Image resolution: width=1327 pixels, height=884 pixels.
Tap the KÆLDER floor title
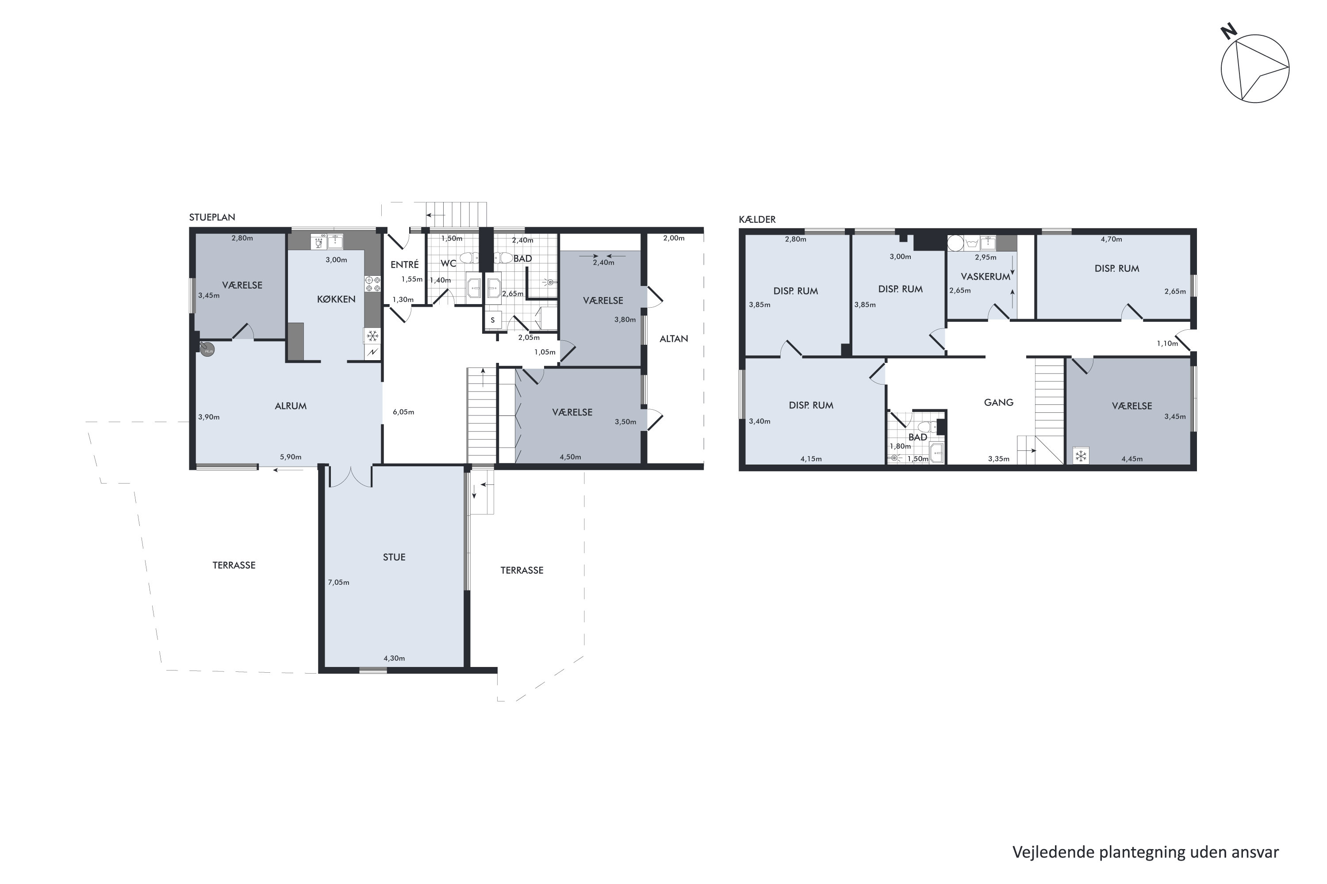pos(757,219)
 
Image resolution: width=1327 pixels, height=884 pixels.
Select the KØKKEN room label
pos(336,299)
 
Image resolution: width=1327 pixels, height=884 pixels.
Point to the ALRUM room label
pos(291,406)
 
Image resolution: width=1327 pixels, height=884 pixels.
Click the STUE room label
pos(394,557)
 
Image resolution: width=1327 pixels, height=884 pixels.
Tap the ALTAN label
pos(674,339)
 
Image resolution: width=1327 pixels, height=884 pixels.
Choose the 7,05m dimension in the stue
pos(338,583)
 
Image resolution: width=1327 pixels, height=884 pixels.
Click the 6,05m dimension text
pos(403,412)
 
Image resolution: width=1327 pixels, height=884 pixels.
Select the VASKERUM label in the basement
pos(985,277)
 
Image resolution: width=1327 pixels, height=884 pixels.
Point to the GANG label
pos(999,403)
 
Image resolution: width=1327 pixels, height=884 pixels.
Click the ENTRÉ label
pos(405,264)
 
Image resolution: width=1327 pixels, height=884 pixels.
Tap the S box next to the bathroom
pos(493,320)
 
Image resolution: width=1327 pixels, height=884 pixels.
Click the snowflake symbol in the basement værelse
pos(1081,456)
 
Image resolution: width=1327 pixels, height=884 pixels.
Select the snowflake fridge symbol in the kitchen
pos(372,336)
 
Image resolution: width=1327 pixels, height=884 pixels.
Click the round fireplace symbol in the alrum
pos(208,350)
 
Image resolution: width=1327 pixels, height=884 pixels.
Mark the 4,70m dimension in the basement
pos(1111,239)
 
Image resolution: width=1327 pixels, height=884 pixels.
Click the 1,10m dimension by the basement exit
pos(1167,343)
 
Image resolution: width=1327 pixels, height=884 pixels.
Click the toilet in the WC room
pos(466,258)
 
